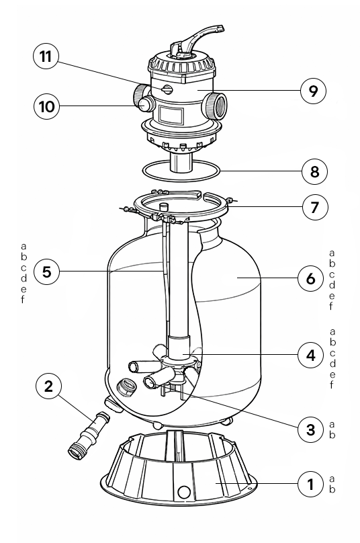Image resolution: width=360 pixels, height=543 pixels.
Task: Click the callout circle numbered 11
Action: [46, 56]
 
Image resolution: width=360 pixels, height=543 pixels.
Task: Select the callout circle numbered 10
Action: [47, 106]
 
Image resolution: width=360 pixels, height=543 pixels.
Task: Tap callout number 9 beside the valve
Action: [313, 91]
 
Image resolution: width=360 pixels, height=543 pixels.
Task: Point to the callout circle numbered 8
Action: [314, 171]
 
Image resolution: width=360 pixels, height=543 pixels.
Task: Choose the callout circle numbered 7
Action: [314, 207]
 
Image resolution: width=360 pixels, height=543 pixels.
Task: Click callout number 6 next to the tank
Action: [310, 278]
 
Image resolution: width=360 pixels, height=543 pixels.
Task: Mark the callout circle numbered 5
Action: [47, 271]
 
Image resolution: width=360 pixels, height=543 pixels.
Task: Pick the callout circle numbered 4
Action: [310, 355]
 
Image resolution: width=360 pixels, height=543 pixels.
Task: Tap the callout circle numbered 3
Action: [310, 429]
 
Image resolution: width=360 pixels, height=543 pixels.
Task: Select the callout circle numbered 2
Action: [48, 386]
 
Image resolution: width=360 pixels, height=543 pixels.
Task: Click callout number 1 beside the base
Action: [310, 484]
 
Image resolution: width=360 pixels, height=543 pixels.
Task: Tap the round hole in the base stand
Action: [183, 492]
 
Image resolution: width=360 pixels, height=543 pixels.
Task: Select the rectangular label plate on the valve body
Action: [171, 114]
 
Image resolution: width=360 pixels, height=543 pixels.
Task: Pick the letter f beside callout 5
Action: [23, 299]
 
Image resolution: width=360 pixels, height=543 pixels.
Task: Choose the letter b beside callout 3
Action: [332, 435]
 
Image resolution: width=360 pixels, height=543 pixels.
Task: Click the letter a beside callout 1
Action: [332, 479]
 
